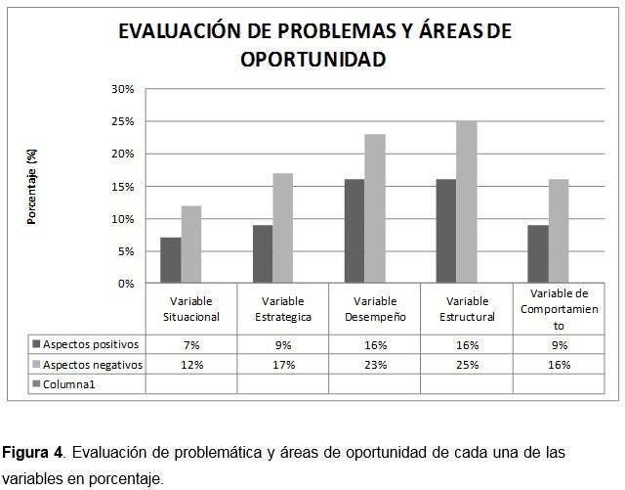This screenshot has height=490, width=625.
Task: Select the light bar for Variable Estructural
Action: click(x=466, y=202)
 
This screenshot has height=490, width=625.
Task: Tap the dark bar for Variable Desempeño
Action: click(x=354, y=231)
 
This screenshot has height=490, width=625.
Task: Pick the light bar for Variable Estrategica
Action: click(x=282, y=228)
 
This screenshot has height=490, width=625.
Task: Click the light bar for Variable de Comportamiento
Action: click(x=558, y=231)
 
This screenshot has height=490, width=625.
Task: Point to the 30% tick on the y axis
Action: click(x=122, y=89)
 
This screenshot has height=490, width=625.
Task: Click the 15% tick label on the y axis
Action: click(x=122, y=186)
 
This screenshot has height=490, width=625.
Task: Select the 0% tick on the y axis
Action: click(x=126, y=284)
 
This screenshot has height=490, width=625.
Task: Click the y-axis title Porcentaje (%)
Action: click(x=32, y=187)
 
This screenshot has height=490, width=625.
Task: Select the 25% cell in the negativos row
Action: click(x=466, y=365)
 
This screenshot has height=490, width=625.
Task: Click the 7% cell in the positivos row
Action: click(x=190, y=345)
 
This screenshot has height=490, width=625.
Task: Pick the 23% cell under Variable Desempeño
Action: click(x=374, y=365)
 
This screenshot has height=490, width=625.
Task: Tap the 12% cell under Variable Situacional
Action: click(x=190, y=365)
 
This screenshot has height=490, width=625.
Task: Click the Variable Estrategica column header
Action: click(x=282, y=308)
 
